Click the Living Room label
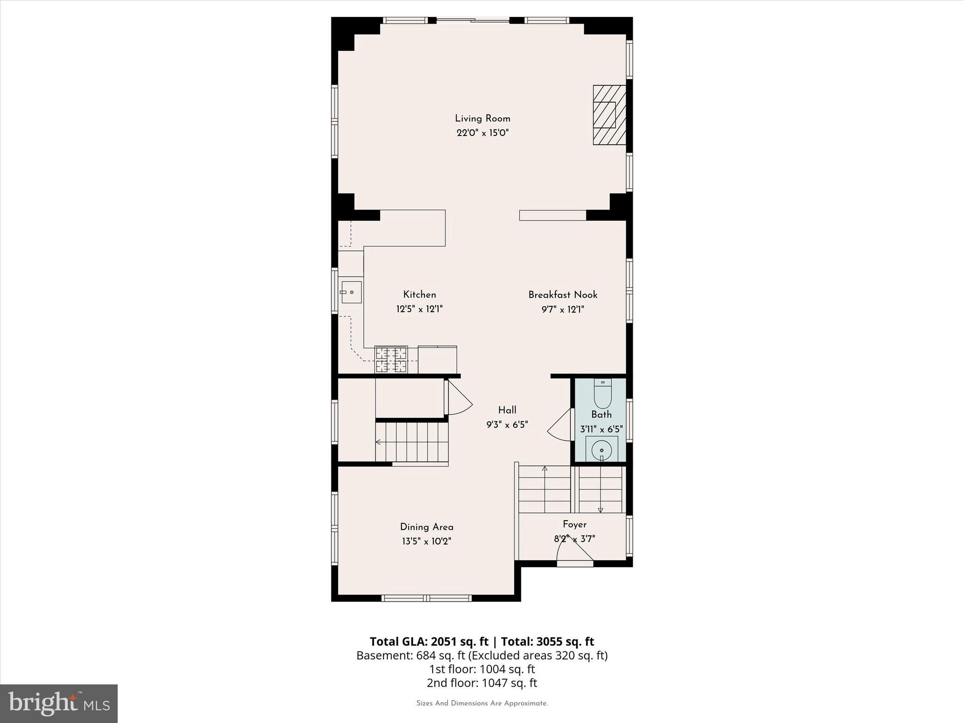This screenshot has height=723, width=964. coord(482,119)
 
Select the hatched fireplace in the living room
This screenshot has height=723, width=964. coord(609,115)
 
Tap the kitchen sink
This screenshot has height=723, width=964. coord(351,292)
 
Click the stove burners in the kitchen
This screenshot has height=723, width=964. coord(391,360)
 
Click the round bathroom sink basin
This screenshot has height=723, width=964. coord(602,450)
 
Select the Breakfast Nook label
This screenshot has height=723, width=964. coord(562,295)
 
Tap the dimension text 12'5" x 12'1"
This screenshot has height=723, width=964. coord(419,309)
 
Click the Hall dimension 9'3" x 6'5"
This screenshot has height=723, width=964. coord(507,425)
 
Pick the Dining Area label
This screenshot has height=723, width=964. coord(426,527)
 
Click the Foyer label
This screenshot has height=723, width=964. coord(574,524)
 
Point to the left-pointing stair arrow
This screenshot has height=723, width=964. coord(378,442)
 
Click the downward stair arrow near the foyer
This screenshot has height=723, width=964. coord(601,509)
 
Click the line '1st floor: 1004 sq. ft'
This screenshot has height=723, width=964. coord(482,669)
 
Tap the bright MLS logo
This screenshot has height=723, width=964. coord(59,703)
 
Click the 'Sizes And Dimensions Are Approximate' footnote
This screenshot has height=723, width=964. coord(482,703)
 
